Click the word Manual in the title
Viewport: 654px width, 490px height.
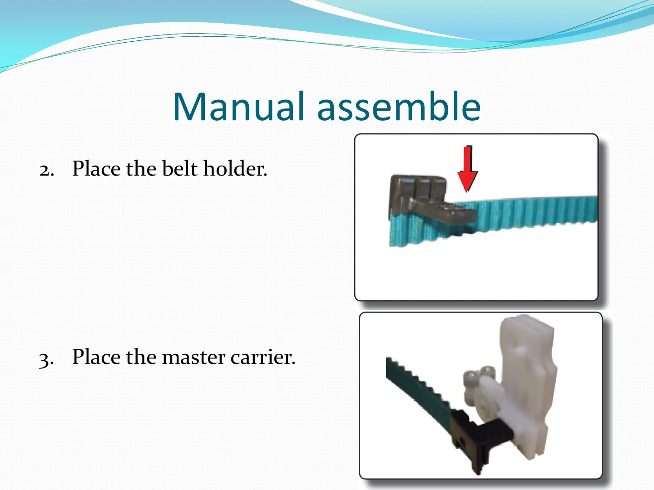(238, 106)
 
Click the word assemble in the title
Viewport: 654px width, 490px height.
(399, 106)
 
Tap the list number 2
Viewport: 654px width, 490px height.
(46, 170)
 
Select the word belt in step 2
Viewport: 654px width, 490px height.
(179, 168)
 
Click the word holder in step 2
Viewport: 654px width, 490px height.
(235, 168)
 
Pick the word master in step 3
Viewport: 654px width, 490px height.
(193, 357)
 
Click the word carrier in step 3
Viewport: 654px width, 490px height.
(263, 357)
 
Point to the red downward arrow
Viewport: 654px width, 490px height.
(467, 169)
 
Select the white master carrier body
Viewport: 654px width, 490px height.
(527, 387)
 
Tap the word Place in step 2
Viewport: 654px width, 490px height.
(96, 168)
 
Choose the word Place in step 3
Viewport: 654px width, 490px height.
(96, 357)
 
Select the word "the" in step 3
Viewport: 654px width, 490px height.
(141, 357)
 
